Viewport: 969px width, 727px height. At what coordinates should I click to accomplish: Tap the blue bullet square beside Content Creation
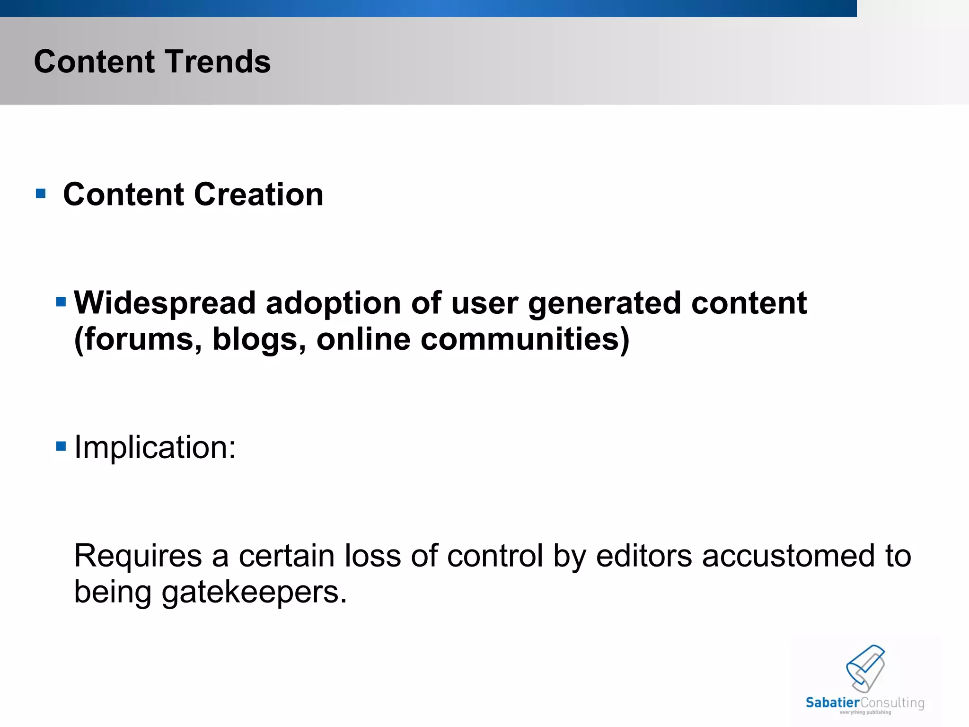pyautogui.click(x=41, y=194)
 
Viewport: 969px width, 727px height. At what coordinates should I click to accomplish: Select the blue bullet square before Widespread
pyautogui.click(x=61, y=302)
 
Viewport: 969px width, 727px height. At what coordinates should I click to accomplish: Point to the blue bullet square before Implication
pyautogui.click(x=61, y=446)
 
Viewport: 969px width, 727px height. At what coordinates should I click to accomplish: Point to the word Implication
pyautogui.click(x=155, y=447)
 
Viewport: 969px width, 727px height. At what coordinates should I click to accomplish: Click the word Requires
pyautogui.click(x=138, y=556)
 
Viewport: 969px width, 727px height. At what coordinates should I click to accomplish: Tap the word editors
pyautogui.click(x=644, y=556)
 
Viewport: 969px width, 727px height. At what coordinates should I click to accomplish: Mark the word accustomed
pyautogui.click(x=788, y=556)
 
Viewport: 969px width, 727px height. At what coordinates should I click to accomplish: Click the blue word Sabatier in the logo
pyautogui.click(x=832, y=703)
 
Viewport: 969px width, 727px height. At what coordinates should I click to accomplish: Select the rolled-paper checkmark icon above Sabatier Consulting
pyautogui.click(x=865, y=668)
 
